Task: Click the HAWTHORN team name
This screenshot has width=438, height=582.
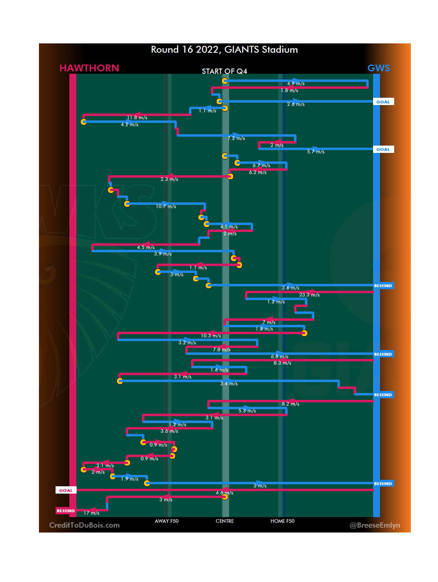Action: click(89, 68)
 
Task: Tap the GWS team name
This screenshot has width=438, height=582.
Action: click(378, 68)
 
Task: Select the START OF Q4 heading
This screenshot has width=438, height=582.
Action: click(224, 71)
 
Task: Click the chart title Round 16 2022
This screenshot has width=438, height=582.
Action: click(224, 49)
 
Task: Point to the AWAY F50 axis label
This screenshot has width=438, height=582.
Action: click(167, 521)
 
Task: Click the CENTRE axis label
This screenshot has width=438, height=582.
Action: click(225, 521)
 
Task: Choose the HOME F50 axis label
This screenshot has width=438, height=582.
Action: click(282, 521)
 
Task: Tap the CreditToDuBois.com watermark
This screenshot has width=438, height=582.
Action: click(84, 525)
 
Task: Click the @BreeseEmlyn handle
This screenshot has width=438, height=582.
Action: click(375, 525)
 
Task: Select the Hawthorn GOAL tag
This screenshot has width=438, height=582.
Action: click(66, 490)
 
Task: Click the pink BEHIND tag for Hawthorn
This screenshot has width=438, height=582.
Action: click(66, 511)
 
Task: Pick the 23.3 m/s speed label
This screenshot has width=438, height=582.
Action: click(309, 295)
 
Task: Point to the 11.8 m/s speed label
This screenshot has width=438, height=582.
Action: click(137, 118)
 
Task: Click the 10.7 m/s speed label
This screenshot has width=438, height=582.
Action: click(166, 206)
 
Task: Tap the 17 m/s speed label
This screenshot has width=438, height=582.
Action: click(92, 513)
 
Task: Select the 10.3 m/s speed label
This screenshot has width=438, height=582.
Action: click(211, 336)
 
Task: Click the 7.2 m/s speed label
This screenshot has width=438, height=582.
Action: click(236, 138)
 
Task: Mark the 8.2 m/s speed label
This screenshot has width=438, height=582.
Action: click(291, 404)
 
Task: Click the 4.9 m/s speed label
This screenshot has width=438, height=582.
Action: click(296, 84)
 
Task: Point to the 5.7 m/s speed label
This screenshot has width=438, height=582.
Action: click(316, 152)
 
